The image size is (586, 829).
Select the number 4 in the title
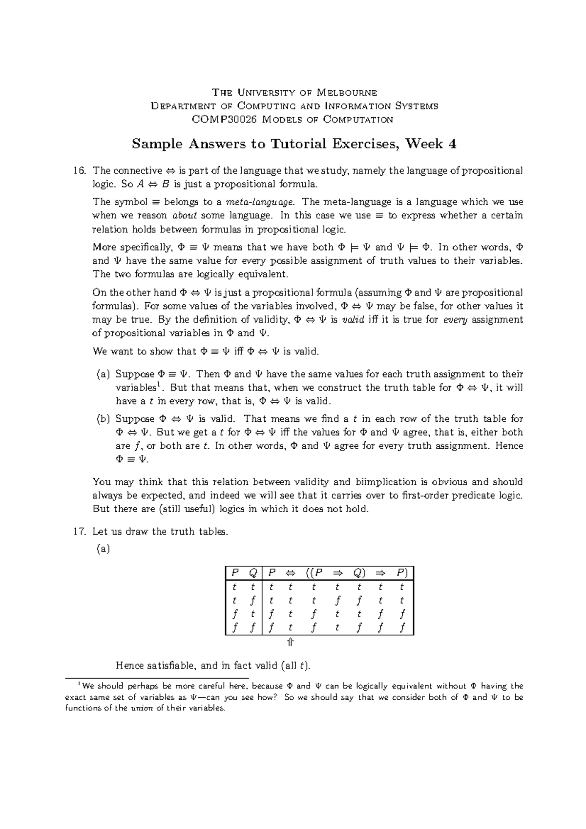click(453, 144)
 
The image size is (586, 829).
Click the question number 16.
click(80, 171)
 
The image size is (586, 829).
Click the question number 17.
click(80, 532)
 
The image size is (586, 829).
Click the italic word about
click(185, 216)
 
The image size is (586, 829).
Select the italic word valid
click(352, 320)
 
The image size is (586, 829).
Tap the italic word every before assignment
click(455, 320)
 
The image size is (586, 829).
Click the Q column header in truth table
click(252, 573)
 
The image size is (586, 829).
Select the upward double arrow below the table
click(290, 642)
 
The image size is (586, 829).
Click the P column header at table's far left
click(235, 573)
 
